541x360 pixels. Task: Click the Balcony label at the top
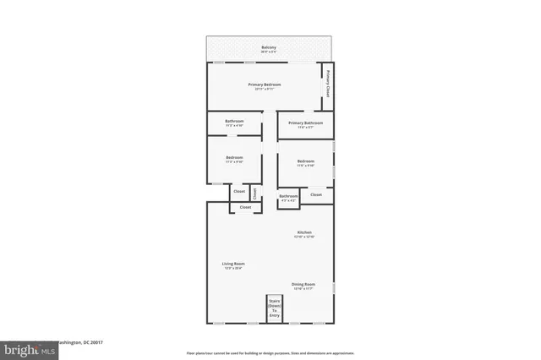point(269,47)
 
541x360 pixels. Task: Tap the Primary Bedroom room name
point(265,85)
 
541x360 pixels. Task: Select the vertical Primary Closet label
point(327,88)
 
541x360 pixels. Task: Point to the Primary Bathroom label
point(306,123)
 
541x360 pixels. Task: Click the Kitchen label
point(304,232)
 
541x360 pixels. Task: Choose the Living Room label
point(233,265)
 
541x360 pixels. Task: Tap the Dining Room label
point(303,284)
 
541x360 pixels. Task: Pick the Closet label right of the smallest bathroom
point(316,194)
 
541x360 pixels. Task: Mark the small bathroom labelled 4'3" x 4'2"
point(289,198)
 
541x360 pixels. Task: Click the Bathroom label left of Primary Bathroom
point(234,122)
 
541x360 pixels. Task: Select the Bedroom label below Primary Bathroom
point(305,161)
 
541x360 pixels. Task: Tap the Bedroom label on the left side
point(234,157)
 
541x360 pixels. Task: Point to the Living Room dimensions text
point(233,270)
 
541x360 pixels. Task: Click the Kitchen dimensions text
point(304,237)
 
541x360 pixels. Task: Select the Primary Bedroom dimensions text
point(265,90)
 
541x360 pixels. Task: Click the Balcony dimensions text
point(269,52)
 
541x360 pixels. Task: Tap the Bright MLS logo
point(26,348)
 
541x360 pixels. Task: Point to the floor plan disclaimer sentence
point(270,352)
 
